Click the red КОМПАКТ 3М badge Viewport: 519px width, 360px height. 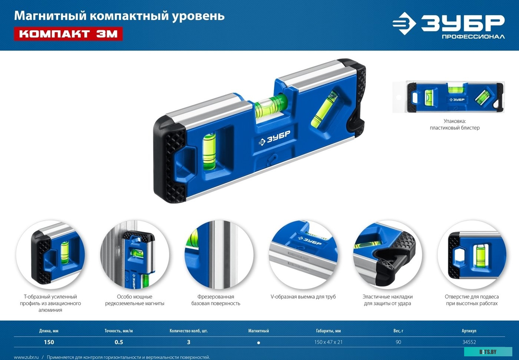68,34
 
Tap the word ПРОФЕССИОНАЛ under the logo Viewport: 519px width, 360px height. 473,37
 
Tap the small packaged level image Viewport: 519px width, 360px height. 455,97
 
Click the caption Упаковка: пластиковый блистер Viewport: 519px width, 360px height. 454,125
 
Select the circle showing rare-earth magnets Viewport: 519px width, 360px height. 135,254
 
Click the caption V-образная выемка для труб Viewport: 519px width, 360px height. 303,297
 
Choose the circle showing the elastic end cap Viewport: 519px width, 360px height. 387,254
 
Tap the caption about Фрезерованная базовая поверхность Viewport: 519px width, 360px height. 216,300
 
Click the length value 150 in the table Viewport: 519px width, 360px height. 49,342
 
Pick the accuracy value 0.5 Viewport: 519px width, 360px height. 119,342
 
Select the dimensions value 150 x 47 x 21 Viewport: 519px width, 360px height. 328,342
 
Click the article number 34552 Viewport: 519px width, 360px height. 469,342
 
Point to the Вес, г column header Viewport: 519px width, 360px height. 398,331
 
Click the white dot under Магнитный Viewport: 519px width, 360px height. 258,343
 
